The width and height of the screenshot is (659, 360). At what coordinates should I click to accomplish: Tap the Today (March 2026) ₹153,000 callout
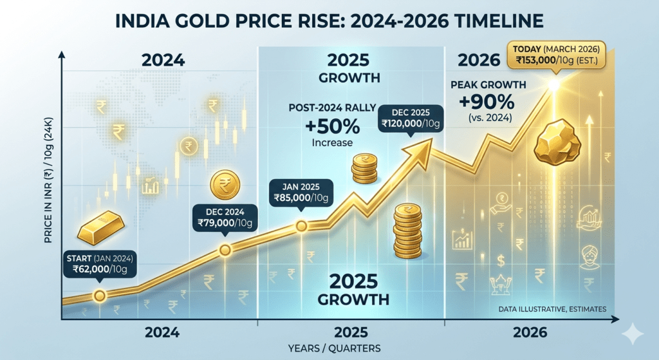pyautogui.click(x=557, y=55)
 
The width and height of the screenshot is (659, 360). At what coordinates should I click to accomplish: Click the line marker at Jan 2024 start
pyautogui.click(x=99, y=296)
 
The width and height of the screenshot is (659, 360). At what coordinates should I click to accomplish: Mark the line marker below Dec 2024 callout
pyautogui.click(x=225, y=250)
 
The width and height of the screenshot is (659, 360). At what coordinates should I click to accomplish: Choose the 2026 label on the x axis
pyautogui.click(x=530, y=333)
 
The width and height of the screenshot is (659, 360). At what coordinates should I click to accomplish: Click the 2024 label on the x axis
pyautogui.click(x=162, y=333)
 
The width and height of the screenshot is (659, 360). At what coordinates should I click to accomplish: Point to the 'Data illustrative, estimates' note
pyautogui.click(x=552, y=310)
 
